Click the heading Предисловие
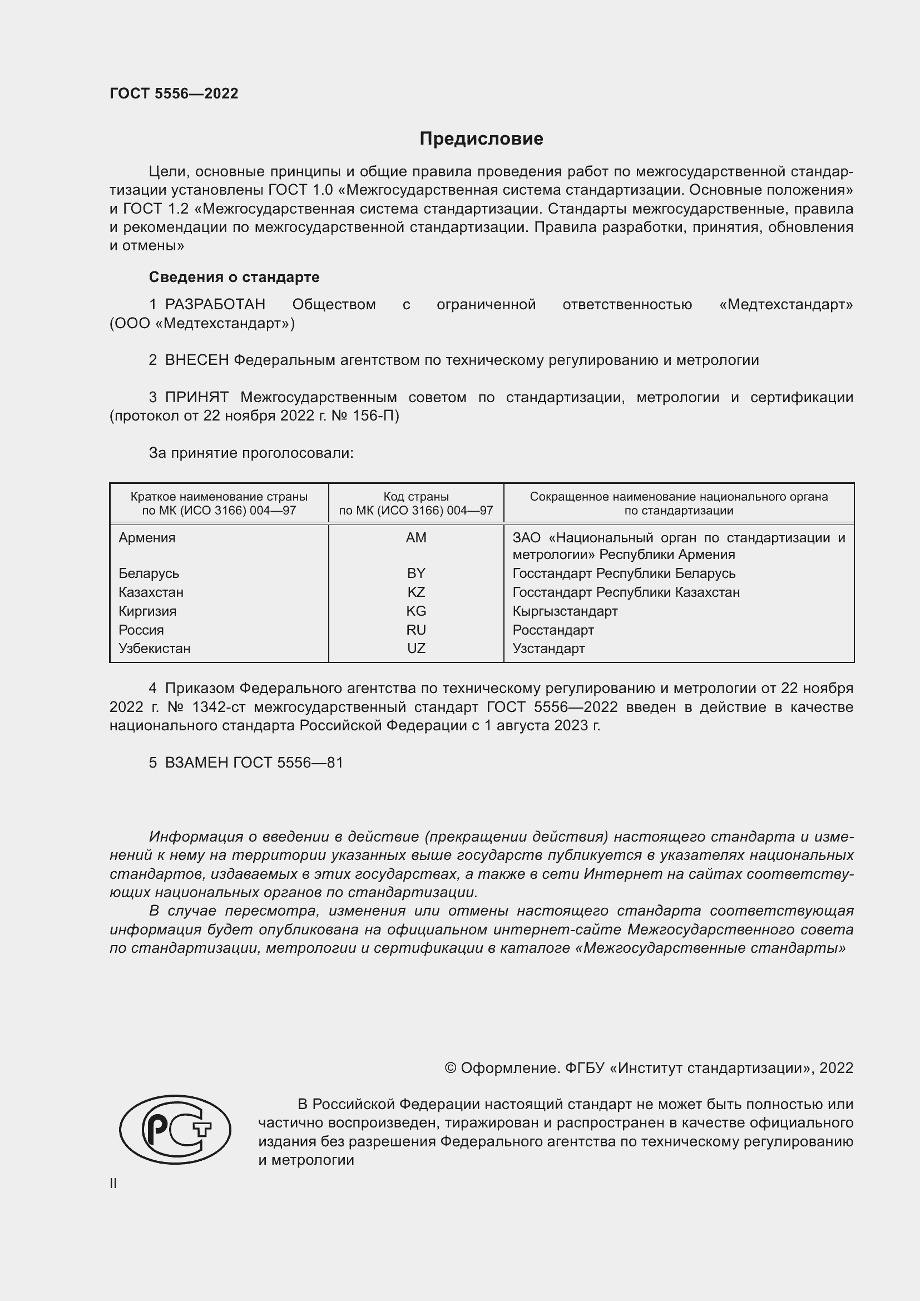coord(481,139)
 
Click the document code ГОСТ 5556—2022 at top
coord(174,93)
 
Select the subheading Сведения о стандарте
coord(234,277)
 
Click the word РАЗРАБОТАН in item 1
coord(215,304)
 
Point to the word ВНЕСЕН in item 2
coord(196,360)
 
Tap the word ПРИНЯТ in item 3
coord(196,397)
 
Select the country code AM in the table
coord(416,538)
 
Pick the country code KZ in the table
coord(416,592)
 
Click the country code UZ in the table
coord(416,648)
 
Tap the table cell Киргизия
coord(147,611)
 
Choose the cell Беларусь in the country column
coord(149,573)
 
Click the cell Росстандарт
coord(553,630)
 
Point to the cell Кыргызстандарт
coord(565,611)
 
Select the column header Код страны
coord(416,497)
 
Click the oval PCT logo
coord(175,1129)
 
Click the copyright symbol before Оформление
coord(451,1068)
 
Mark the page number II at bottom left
coord(113,1184)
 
